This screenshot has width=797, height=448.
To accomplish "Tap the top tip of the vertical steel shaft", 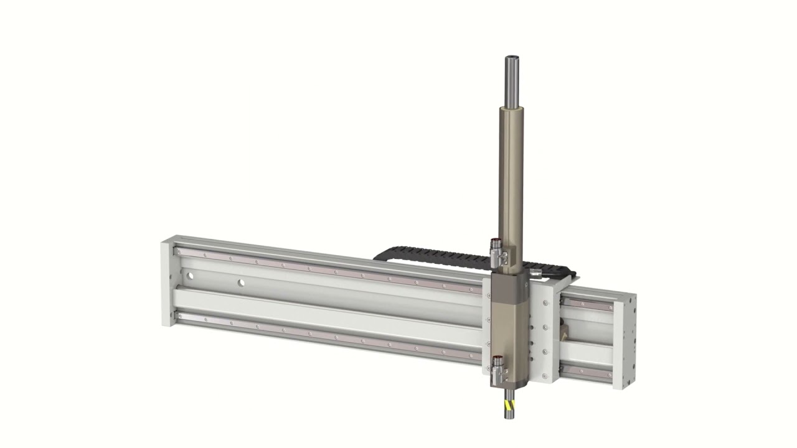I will (x=512, y=57).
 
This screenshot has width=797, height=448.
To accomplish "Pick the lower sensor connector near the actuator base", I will (x=497, y=370).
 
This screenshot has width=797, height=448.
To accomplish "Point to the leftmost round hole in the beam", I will (x=190, y=275).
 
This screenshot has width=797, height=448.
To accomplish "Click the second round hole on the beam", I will (x=241, y=283).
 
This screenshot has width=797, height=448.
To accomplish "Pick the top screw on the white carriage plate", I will (x=546, y=303).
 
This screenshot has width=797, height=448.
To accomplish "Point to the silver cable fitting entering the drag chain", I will (x=537, y=273).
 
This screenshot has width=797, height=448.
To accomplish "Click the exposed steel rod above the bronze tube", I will (x=512, y=81).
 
